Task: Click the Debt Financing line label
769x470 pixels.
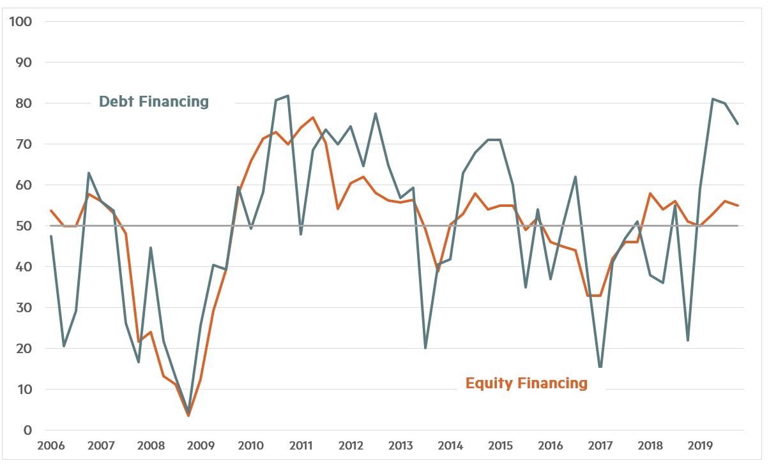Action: tap(153, 102)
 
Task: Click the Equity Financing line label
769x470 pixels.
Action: tap(526, 383)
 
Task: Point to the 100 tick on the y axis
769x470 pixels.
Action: tap(20, 22)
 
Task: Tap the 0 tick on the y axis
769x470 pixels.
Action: tap(27, 430)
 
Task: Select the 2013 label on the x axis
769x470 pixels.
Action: tap(400, 446)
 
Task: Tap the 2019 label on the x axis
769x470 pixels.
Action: tap(700, 446)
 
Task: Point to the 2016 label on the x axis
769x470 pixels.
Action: tap(550, 446)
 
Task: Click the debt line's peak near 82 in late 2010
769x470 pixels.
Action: tap(288, 96)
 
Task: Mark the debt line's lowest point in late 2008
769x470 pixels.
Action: tap(188, 413)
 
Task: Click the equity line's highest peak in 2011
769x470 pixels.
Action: tap(313, 117)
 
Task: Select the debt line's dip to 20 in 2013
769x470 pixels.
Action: tap(425, 348)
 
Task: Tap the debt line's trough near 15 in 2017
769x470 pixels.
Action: tap(600, 367)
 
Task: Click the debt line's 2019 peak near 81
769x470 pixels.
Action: tap(713, 99)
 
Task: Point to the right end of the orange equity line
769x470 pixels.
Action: tap(738, 206)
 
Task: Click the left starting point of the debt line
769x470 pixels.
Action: tap(50, 236)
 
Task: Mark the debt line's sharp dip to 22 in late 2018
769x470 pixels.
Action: tap(688, 340)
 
